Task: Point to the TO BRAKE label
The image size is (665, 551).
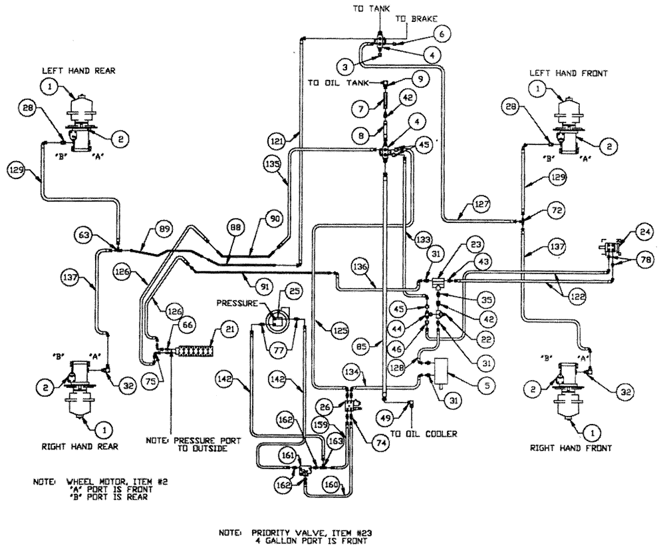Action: click(x=417, y=21)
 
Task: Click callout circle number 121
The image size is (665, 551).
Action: click(x=277, y=140)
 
